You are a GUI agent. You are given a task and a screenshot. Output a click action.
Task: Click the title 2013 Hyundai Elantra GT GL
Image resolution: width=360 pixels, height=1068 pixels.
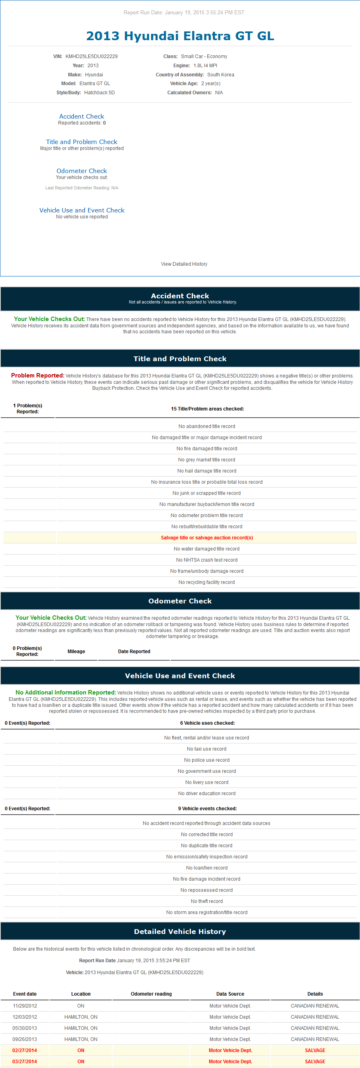pyautogui.click(x=180, y=36)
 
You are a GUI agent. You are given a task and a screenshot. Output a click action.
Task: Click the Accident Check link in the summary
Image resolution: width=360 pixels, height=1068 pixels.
pyautogui.click(x=82, y=117)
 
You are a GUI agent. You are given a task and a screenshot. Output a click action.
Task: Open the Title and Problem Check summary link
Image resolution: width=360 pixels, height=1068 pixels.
pyautogui.click(x=82, y=142)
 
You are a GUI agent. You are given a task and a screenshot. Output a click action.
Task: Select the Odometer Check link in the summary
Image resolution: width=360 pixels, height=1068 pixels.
pyautogui.click(x=82, y=171)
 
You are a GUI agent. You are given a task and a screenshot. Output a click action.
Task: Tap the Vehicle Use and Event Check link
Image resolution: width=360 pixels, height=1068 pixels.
pyautogui.click(x=82, y=210)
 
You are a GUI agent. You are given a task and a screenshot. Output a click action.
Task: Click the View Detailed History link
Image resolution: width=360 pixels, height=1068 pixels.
pyautogui.click(x=184, y=264)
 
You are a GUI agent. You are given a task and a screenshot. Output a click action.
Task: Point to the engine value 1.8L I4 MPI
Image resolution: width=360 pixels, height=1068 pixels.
pyautogui.click(x=205, y=66)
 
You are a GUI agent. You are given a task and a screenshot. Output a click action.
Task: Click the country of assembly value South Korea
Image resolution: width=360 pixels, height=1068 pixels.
pyautogui.click(x=221, y=75)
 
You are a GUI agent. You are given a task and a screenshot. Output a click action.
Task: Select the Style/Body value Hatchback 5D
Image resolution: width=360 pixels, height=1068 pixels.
pyautogui.click(x=99, y=92)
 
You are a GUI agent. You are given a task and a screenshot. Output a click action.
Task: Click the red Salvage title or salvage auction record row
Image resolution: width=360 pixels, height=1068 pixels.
pyautogui.click(x=206, y=538)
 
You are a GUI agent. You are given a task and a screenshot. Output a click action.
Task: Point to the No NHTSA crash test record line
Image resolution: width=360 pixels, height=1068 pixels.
pyautogui.click(x=206, y=560)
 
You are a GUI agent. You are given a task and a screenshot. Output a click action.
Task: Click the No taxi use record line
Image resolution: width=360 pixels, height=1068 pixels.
pyautogui.click(x=206, y=749)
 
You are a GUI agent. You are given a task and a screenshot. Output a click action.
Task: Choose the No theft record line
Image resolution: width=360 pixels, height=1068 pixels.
pyautogui.click(x=206, y=901)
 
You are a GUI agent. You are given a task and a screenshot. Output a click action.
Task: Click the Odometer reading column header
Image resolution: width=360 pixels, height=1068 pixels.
pyautogui.click(x=151, y=994)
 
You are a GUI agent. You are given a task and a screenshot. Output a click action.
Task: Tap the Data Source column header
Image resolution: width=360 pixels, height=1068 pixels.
pyautogui.click(x=230, y=994)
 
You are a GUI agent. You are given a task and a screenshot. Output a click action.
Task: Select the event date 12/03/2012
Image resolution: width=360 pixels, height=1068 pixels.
pyautogui.click(x=25, y=1017)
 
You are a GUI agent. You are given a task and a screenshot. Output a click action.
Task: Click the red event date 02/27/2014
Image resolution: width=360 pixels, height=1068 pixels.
pyautogui.click(x=25, y=1050)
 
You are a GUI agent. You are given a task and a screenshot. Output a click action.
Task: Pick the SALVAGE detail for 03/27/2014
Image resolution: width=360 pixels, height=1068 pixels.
pyautogui.click(x=315, y=1062)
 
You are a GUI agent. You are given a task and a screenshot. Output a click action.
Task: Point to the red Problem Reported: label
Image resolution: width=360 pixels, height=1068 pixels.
pyautogui.click(x=38, y=375)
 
